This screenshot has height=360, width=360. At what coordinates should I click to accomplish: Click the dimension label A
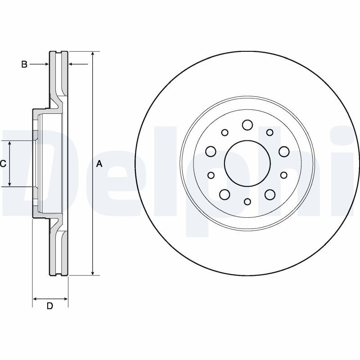tap(99, 164)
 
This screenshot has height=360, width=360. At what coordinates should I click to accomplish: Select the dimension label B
tap(24, 64)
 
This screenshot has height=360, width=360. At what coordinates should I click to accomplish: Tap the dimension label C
tap(3, 164)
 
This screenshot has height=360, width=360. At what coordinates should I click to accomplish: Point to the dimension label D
tap(50, 306)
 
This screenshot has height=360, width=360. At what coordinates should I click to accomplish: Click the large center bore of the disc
tap(247, 163)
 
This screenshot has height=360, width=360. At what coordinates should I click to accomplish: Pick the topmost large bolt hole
tap(247, 125)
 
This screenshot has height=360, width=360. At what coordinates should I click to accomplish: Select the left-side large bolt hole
tap(211, 151)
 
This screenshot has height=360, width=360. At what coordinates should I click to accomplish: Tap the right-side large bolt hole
tap(284, 151)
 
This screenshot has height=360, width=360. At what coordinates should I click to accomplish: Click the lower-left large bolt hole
tap(225, 194)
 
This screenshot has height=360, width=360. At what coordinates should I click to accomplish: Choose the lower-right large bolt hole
tap(270, 194)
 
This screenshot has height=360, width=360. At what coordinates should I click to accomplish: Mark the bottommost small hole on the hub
tap(247, 202)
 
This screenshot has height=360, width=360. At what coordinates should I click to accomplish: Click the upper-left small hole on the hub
tap(225, 132)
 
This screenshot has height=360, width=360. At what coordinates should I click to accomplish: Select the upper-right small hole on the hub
tap(270, 132)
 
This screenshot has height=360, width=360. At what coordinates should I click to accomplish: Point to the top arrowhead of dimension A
tap(93, 54)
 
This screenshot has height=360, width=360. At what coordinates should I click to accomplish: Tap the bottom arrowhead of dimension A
tap(93, 273)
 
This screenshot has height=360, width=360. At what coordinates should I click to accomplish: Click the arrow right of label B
tap(78, 64)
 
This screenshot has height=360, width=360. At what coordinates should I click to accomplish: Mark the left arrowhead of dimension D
tap(35, 299)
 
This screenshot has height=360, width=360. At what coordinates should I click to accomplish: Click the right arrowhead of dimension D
tap(66, 299)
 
